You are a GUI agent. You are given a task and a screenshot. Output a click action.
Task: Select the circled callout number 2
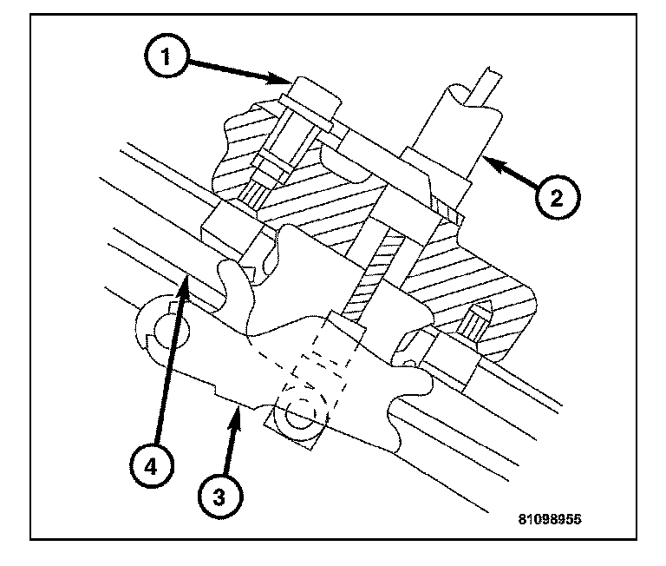click(x=553, y=198)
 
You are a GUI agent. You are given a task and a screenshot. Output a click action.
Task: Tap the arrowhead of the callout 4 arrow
click(x=186, y=276)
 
